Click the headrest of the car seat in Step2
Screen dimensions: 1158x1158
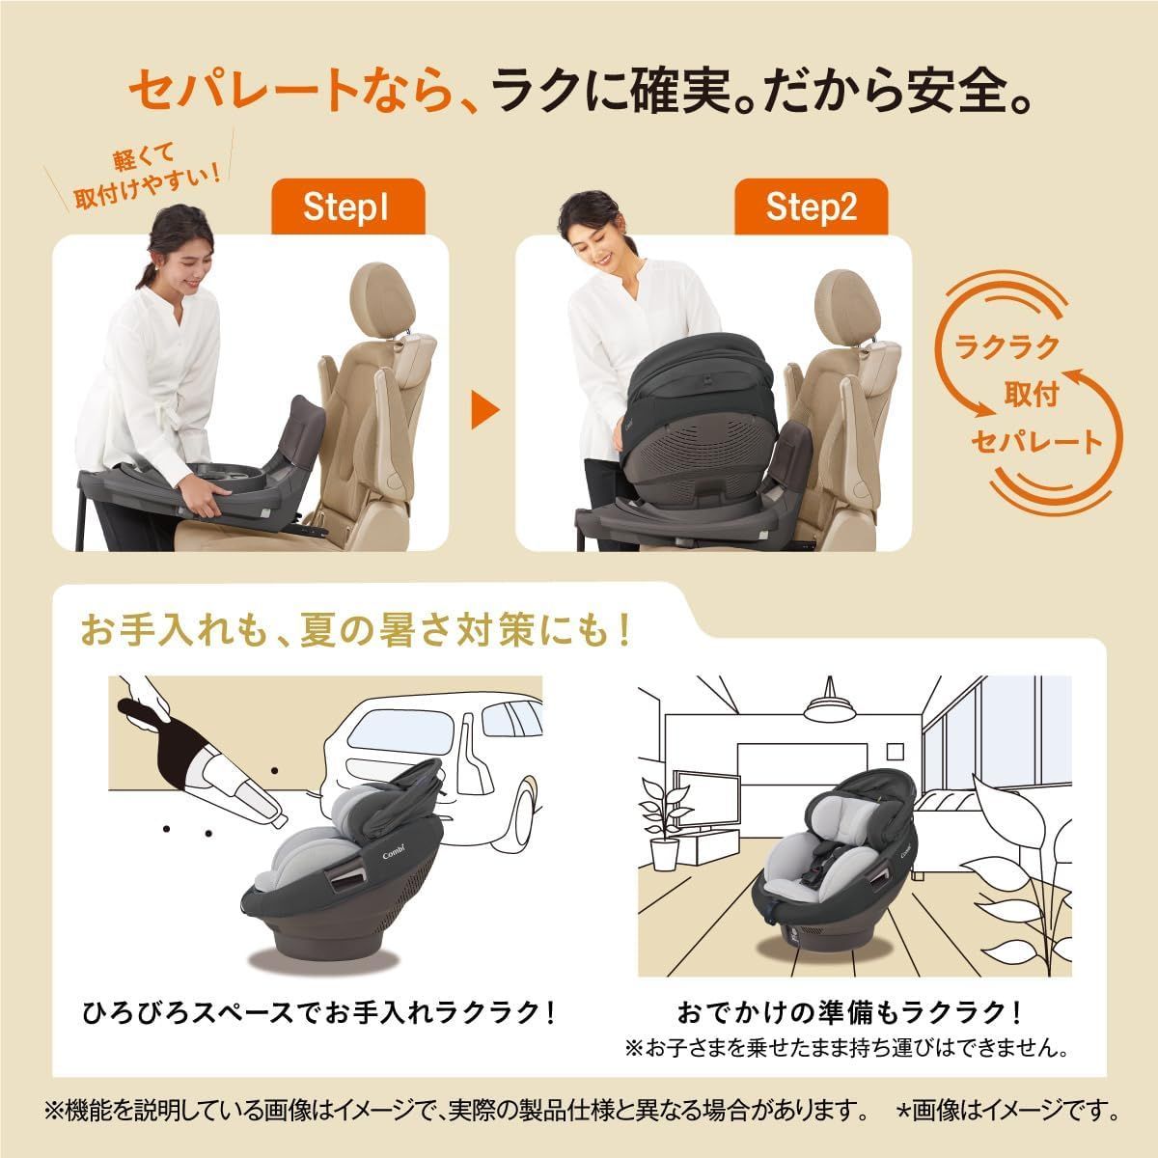tap(847, 293)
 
